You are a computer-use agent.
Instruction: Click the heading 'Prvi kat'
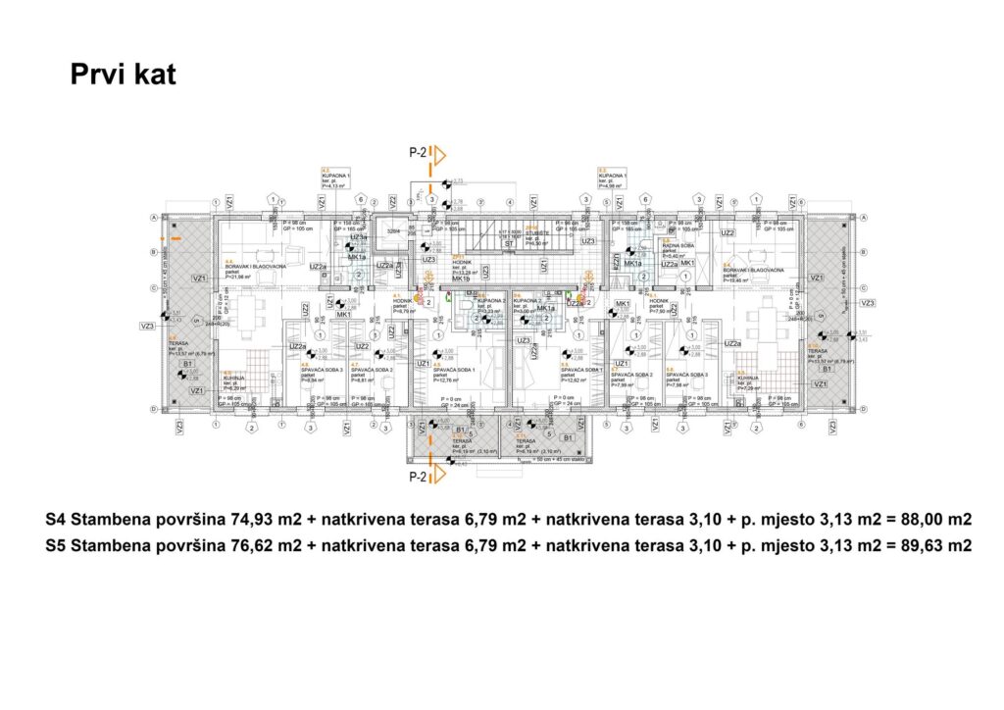coord(123,76)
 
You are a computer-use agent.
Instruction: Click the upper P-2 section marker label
coord(419,153)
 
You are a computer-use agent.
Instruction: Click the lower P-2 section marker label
coord(419,477)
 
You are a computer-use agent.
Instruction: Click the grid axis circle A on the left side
coord(153,217)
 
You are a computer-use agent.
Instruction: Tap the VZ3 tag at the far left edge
coord(148,326)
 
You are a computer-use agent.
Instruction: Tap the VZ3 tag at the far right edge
coord(867,304)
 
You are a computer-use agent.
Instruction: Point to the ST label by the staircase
coord(510,242)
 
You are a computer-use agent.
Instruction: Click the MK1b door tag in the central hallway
coord(461,279)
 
